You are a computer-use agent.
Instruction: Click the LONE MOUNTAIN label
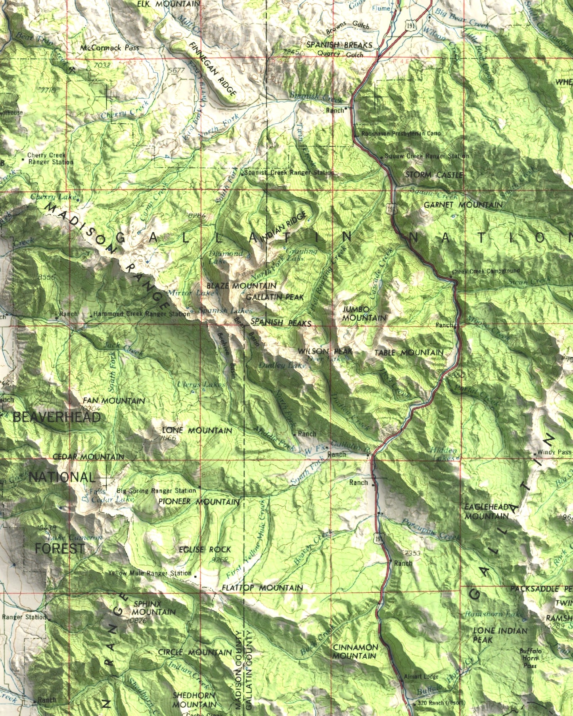pos(197,430)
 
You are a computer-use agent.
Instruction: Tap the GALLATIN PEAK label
pos(275,297)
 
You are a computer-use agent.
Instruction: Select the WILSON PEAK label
pos(325,351)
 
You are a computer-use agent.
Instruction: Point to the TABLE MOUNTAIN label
pos(409,352)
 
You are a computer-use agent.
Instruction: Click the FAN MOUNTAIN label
pos(114,401)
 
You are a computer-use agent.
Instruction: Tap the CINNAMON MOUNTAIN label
pos(355,651)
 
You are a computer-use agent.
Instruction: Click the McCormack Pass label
pos(109,48)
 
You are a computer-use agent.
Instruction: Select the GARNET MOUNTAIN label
pos(463,205)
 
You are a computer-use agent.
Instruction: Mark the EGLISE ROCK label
pos(205,549)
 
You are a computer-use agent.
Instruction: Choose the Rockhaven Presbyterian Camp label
pos(401,134)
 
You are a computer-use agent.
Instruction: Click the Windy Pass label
pos(554,452)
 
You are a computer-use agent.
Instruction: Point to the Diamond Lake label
pos(225,257)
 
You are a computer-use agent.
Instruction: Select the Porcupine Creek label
pos(431,529)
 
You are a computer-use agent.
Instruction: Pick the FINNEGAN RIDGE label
pos(213,69)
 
